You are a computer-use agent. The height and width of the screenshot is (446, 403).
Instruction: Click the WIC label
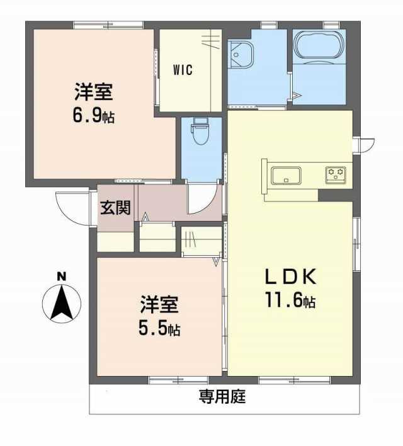point(183,70)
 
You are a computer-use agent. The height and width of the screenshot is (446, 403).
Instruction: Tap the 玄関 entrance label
point(115,207)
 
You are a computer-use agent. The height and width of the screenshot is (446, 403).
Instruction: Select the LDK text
point(290,277)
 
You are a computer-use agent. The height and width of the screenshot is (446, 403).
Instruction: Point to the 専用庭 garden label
point(222,396)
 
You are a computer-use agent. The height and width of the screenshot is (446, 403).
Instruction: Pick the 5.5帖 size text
point(159,329)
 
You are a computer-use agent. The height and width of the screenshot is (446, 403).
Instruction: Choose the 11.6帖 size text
point(290,300)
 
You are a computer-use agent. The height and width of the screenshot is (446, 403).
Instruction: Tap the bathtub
point(319,47)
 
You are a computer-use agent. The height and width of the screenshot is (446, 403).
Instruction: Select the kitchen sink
point(286,176)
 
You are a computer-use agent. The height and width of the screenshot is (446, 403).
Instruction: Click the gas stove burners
point(336,174)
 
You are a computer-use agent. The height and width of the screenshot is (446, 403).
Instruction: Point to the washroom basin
point(241,55)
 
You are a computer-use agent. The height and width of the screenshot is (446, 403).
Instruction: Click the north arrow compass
point(62,303)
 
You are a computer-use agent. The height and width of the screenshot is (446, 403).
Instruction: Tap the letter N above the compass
point(62,277)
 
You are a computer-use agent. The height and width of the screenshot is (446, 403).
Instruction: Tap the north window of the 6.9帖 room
point(108,25)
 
